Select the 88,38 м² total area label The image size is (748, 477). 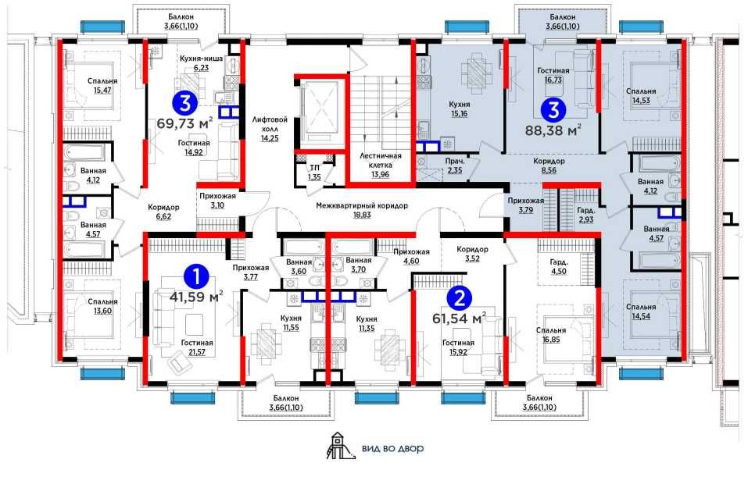(553, 130)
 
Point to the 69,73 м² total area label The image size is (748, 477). (184, 124)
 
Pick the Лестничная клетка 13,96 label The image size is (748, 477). (380, 165)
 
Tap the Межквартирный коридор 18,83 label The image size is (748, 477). (362, 210)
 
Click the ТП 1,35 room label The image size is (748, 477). (314, 173)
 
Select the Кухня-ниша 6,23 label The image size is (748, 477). (202, 63)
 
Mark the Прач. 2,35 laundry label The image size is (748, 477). (455, 166)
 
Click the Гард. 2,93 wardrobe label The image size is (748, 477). (585, 215)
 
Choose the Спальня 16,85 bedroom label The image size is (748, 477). (551, 335)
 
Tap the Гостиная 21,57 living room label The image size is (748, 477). (197, 347)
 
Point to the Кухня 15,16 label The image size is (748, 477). (460, 109)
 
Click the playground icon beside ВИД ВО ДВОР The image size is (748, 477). (341, 446)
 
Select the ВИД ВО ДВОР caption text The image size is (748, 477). (392, 448)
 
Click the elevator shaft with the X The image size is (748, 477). (320, 111)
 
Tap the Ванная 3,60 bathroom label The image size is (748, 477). (299, 266)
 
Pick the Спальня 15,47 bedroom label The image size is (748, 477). (102, 85)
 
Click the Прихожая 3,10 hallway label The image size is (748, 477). (217, 201)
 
